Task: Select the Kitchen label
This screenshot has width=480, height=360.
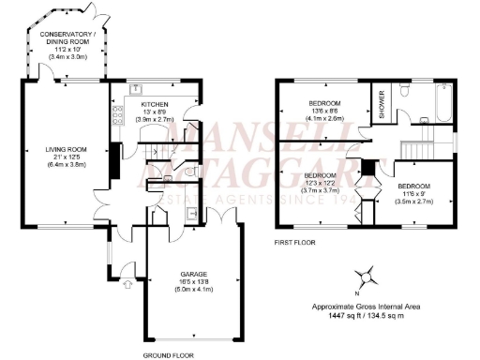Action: (155, 105)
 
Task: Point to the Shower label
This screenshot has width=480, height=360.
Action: (382, 105)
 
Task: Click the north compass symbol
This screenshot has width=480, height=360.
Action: (367, 277)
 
